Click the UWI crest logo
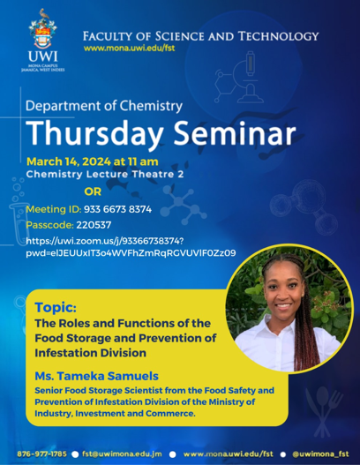point(43,29)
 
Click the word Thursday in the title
point(95,134)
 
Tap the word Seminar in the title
point(235,132)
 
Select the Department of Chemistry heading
point(104,106)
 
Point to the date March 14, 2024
point(69,161)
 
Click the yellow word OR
point(93,191)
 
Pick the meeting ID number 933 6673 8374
point(117,209)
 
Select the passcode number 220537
point(94,225)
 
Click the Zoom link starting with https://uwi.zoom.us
point(131,247)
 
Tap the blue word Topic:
point(56,308)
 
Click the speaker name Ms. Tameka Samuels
point(97,376)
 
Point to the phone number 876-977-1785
point(41,454)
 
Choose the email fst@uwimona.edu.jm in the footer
point(122,454)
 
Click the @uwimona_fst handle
point(320,454)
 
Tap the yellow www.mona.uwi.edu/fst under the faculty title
point(130,48)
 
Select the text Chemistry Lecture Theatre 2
point(105,174)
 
